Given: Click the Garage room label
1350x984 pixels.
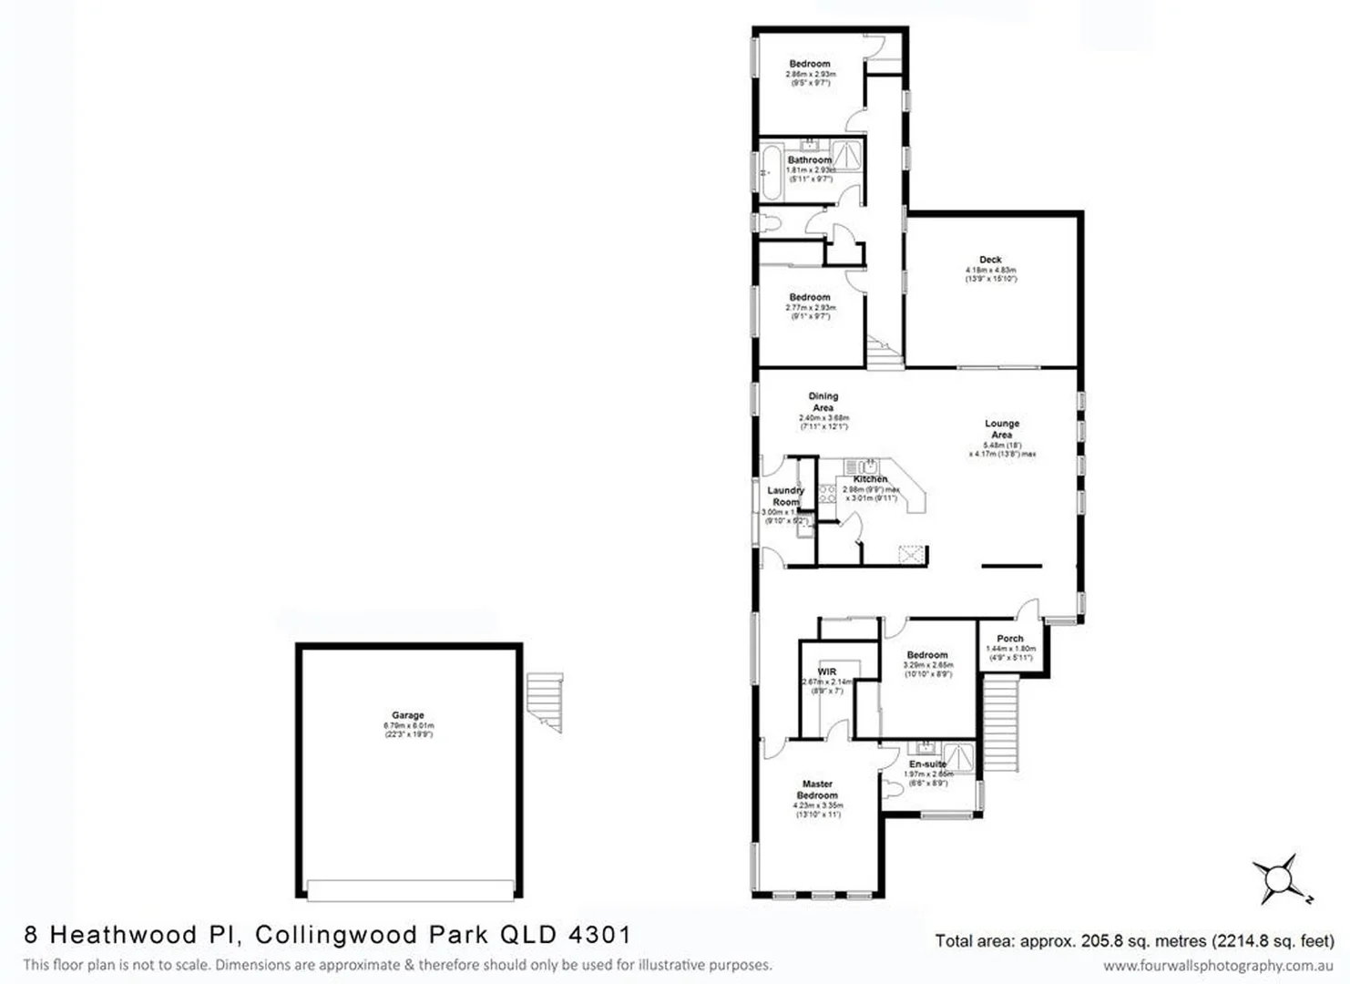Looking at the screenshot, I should pos(408,715).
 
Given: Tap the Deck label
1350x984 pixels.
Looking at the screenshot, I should pos(990,260).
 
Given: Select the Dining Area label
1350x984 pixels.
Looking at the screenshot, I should pos(823,402).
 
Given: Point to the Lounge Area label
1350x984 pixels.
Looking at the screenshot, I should pos(1002,429).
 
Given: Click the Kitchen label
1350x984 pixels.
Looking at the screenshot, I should pos(870,479).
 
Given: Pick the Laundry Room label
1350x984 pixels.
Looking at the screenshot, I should pos(785,496).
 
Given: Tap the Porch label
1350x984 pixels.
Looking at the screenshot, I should pos(1010,639).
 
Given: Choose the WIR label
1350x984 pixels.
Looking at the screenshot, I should pos(826,672).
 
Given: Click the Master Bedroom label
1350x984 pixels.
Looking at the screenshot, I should pos(817,789).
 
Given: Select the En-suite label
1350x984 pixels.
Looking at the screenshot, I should pos(927,764).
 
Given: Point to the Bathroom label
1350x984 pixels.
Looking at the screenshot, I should pos(810,160).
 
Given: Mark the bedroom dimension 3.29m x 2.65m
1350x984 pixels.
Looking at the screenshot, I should pos(927,665).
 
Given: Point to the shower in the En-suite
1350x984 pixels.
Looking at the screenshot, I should pos(958,757).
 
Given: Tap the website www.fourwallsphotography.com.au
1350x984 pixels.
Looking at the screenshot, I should pos(1218,966).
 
